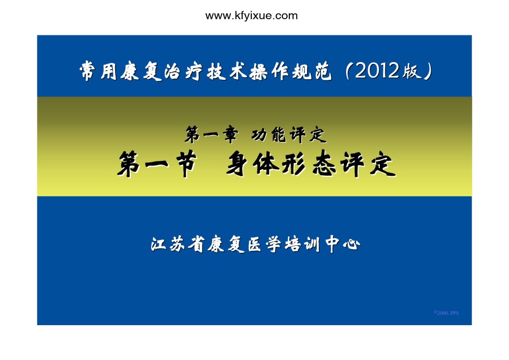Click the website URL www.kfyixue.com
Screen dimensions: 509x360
point(252,16)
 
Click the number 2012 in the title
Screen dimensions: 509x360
point(377,70)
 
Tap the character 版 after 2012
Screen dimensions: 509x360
point(412,71)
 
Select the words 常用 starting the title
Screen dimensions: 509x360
point(98,71)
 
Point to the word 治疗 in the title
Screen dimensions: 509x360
point(183,71)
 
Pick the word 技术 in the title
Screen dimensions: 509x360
point(226,71)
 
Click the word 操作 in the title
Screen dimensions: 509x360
point(269,71)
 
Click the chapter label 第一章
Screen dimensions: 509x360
point(212,134)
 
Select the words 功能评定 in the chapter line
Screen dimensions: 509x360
point(289,134)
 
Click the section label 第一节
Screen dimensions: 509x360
point(157,163)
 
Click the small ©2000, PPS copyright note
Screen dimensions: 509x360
point(446,313)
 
